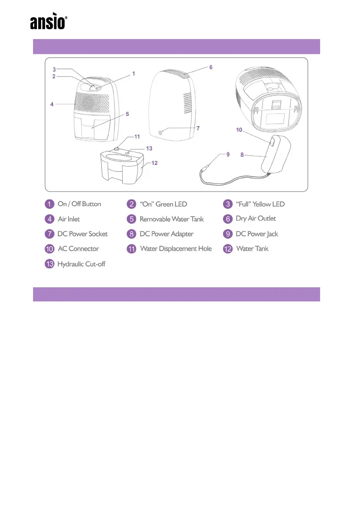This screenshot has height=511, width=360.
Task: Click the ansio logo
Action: [x=48, y=23]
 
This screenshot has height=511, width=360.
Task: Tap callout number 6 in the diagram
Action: [x=211, y=67]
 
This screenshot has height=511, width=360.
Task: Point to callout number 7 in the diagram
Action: [x=198, y=128]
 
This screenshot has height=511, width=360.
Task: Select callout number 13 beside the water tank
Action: [x=149, y=148]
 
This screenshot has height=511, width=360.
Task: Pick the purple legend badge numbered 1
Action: [x=50, y=204]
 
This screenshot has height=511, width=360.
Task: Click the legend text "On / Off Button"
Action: [x=79, y=204]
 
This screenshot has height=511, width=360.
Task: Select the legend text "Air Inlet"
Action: [x=69, y=219]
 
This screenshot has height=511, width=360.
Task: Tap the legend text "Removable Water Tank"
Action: [x=172, y=219]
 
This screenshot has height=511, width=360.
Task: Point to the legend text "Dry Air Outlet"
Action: [x=256, y=219]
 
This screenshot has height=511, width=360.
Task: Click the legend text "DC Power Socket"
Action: [x=82, y=234]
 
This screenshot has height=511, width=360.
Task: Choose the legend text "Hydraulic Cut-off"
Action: [x=81, y=264]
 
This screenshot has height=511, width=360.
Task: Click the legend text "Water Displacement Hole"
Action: [x=176, y=249]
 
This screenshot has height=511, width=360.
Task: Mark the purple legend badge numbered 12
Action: [x=228, y=249]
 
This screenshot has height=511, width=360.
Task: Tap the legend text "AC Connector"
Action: [x=78, y=249]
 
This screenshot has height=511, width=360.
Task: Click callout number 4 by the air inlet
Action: [x=51, y=104]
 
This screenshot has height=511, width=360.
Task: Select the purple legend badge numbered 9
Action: [x=228, y=234]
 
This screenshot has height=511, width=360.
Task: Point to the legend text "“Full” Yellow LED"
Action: [x=260, y=204]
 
